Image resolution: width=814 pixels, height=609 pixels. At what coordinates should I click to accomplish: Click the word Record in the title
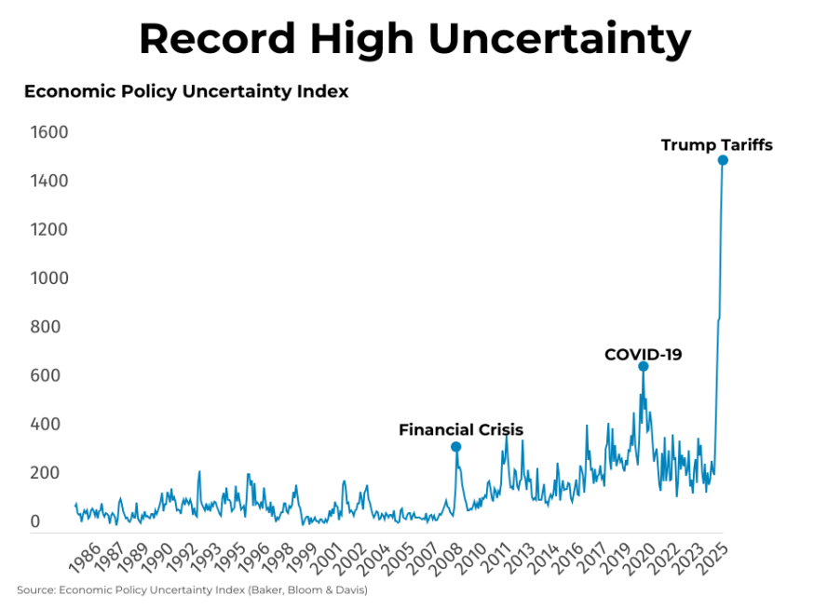(x=219, y=39)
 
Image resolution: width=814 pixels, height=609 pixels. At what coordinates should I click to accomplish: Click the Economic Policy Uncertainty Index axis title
(x=186, y=91)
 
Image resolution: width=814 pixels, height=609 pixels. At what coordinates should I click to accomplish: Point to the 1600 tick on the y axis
(x=49, y=132)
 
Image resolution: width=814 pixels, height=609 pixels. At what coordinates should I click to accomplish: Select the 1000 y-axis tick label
(x=49, y=278)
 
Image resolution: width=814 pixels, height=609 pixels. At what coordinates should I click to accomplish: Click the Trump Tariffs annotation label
(x=716, y=145)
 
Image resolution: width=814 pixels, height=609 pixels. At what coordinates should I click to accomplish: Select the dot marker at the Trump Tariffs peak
(x=723, y=160)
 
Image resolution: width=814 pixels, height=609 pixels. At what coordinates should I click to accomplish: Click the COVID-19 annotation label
(x=643, y=355)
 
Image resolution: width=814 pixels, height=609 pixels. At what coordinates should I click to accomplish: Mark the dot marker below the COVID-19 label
(x=643, y=367)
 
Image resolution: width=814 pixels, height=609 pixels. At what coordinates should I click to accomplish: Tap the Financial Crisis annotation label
(x=461, y=430)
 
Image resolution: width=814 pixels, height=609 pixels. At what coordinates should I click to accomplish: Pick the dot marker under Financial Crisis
(x=455, y=447)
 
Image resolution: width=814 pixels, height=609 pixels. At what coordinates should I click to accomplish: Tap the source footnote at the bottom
(x=192, y=590)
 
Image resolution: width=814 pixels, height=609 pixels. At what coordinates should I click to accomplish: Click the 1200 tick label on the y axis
(x=49, y=230)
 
